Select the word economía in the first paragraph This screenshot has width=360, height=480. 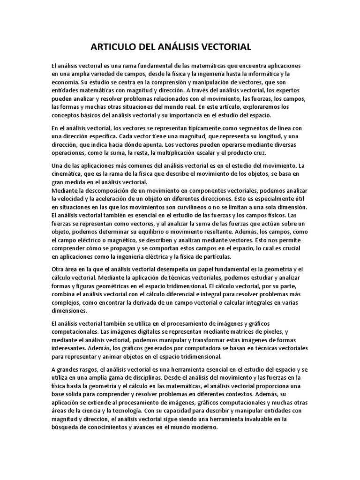(x=66, y=82)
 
